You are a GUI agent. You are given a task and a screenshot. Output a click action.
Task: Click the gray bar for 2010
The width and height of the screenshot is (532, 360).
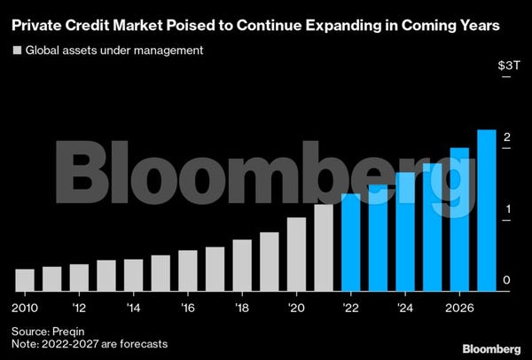[25, 279]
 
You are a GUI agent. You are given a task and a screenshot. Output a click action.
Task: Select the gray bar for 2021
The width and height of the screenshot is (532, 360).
[324, 247]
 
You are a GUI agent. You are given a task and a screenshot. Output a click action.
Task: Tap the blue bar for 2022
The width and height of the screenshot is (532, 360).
[351, 242]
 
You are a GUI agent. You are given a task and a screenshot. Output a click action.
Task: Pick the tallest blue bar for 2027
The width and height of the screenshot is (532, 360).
[487, 210]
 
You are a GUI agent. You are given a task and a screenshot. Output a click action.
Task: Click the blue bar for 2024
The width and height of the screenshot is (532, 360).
[405, 231]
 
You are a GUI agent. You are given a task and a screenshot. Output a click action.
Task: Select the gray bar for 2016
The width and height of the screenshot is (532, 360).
[188, 270]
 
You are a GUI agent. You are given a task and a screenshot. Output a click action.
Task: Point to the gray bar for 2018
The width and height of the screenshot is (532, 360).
[242, 265]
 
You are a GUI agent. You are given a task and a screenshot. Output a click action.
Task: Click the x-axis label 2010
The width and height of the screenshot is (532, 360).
[26, 309]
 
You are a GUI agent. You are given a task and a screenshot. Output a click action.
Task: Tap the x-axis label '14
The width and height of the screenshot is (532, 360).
[134, 309]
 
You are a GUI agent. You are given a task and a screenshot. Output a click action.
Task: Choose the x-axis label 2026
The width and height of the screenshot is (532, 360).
[459, 309]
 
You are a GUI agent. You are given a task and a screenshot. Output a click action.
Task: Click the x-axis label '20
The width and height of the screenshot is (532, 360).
[297, 309]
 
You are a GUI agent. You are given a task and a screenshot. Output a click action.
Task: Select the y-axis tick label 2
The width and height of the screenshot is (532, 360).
[505, 137]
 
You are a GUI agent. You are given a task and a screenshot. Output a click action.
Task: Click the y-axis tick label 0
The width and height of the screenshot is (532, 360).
[505, 280]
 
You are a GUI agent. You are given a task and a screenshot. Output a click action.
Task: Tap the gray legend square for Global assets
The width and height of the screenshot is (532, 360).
[16, 50]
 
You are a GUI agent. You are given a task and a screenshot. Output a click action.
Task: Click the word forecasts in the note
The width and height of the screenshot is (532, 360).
[139, 343]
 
